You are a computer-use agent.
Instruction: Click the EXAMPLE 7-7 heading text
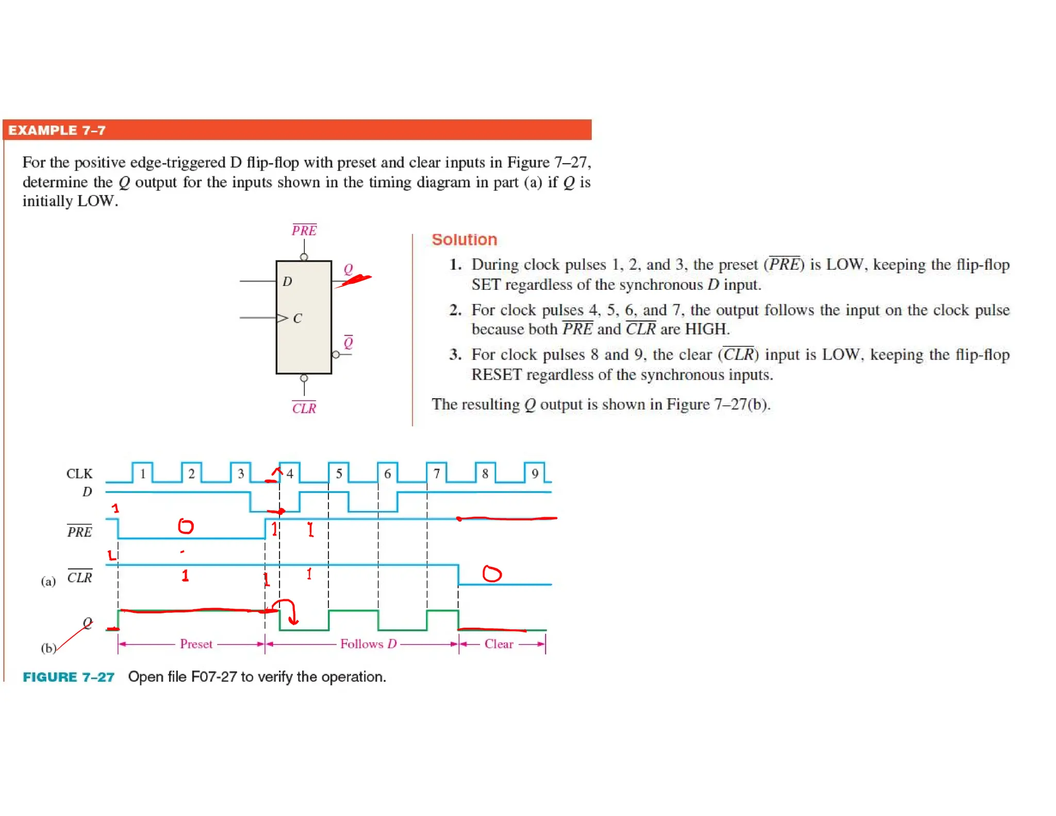pos(57,130)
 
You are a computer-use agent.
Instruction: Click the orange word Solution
pos(464,239)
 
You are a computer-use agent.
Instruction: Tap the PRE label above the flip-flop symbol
pos(304,230)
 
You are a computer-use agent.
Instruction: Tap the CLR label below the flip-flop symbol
pos(304,408)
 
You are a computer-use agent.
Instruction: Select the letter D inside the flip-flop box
pos(287,281)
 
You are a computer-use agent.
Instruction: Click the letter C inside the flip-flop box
pos(298,318)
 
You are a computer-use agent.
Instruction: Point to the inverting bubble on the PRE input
pos(304,257)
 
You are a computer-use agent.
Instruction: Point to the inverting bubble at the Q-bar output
pos(336,354)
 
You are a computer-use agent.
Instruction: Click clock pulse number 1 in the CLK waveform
pos(143,473)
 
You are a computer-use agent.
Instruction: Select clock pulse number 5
pos(339,473)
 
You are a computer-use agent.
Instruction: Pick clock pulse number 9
pos(535,473)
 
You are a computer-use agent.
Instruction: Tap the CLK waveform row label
pos(79,474)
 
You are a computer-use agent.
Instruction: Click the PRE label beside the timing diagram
pos(79,531)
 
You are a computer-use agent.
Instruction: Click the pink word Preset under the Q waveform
pos(196,644)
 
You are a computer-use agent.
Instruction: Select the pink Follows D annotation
pos(368,644)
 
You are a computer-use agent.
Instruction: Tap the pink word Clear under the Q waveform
pos(499,644)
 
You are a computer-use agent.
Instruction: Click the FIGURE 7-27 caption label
pos(69,677)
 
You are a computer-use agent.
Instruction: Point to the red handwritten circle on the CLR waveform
pos(491,574)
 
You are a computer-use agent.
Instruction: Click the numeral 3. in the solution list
pos(455,354)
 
